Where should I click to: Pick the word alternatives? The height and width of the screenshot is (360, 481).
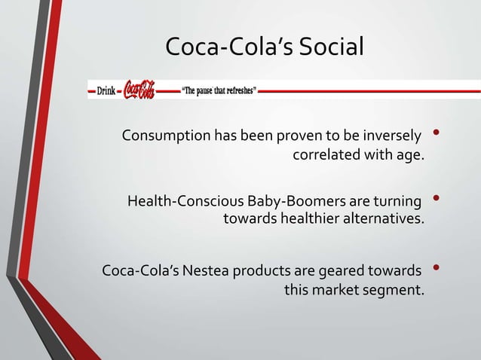click(384, 221)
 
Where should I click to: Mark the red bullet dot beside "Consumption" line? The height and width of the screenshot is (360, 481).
click(437, 136)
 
